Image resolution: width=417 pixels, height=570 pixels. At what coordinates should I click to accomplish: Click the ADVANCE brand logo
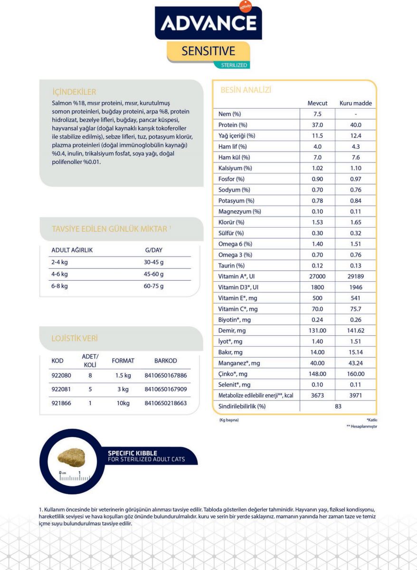(x=208, y=22)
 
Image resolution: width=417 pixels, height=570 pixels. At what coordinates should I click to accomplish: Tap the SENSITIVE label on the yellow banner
(x=208, y=51)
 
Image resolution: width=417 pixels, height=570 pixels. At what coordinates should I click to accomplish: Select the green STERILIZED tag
(x=234, y=65)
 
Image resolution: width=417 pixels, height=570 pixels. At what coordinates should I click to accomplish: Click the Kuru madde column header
(x=355, y=103)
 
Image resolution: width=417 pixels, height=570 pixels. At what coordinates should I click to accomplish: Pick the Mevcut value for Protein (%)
(x=317, y=125)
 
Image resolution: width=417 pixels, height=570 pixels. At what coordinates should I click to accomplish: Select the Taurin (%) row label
(x=231, y=266)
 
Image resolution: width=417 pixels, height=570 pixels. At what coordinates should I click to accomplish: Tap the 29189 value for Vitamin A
(x=355, y=276)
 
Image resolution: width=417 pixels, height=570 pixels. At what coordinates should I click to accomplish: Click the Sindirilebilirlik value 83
(x=338, y=406)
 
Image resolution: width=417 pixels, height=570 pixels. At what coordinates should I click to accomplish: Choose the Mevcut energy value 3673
(x=317, y=395)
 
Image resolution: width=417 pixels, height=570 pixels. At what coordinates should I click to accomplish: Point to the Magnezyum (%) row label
(x=239, y=211)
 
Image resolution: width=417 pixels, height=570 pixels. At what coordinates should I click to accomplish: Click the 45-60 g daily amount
(x=153, y=274)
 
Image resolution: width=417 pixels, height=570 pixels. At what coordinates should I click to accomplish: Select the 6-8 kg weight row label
(x=59, y=286)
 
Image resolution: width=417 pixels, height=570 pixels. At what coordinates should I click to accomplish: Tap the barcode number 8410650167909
(x=165, y=389)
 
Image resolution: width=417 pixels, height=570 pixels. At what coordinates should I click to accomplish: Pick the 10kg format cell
(x=122, y=403)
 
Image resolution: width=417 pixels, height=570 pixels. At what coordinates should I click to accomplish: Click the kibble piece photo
(x=70, y=457)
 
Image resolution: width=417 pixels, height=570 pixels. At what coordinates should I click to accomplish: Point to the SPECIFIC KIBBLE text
(x=132, y=453)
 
